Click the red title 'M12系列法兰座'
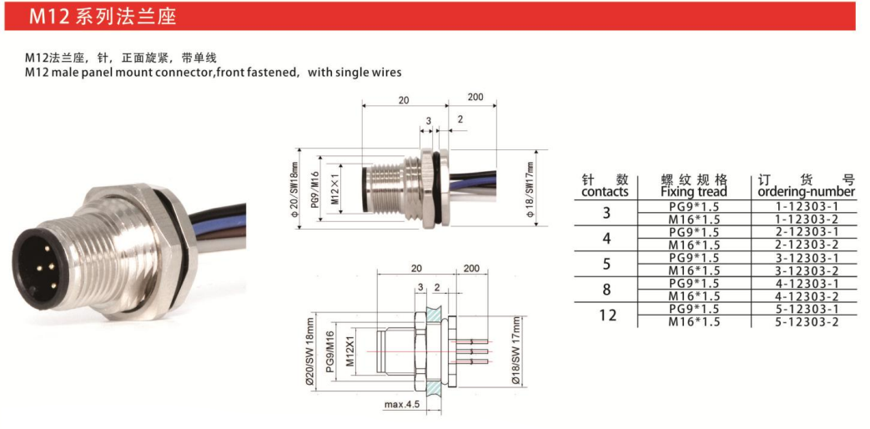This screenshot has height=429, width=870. tap(103, 18)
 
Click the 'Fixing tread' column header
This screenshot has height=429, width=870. tap(694, 192)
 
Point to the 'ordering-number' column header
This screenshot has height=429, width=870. tap(806, 192)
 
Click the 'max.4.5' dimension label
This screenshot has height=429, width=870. tap(402, 404)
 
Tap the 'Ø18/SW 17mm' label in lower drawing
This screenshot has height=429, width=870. tap(516, 351)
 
